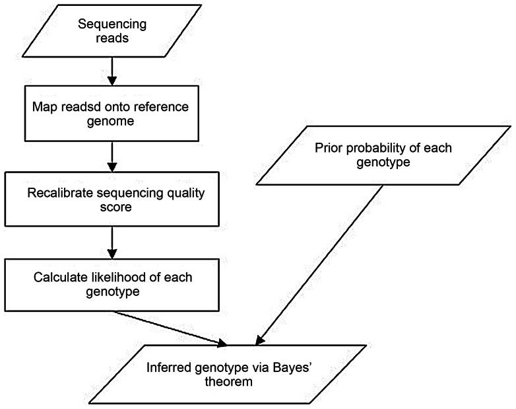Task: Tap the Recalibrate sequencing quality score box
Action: tap(110, 201)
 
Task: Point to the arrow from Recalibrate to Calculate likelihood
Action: tap(112, 244)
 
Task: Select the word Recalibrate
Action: tap(57, 193)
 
